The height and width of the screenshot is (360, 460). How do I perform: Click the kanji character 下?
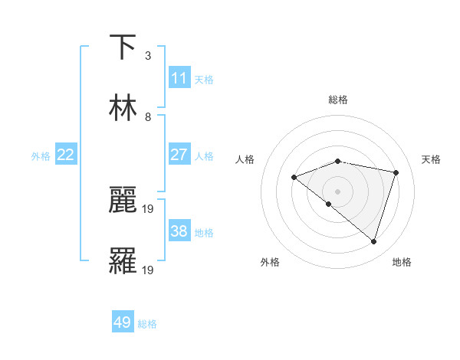pos(123,47)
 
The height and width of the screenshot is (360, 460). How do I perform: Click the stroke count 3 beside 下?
pos(147,56)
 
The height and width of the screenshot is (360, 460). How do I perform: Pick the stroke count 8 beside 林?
pos(147,117)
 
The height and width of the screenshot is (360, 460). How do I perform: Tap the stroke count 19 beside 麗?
pos(149,208)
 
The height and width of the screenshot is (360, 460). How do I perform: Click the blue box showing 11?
pos(179,78)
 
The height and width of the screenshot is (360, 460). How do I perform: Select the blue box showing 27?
pos(179,155)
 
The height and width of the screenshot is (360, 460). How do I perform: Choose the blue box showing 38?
pos(179,231)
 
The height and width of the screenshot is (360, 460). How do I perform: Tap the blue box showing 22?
pos(66,155)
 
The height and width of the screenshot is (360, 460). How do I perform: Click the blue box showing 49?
pos(123,322)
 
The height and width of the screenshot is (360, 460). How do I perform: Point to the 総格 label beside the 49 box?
pos(148,324)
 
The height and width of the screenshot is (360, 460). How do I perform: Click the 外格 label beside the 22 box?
pos(41,155)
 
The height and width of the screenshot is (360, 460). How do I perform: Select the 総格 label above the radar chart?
pos(338,100)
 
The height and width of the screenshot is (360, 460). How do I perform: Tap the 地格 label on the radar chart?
pos(402,263)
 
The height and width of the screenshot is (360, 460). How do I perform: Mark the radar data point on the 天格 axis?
pos(396,172)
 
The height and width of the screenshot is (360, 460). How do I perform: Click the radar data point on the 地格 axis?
pos(373,242)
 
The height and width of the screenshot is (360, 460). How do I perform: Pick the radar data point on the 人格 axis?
pos(294,178)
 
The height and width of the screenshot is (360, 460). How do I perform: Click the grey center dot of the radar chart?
pos(338,191)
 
